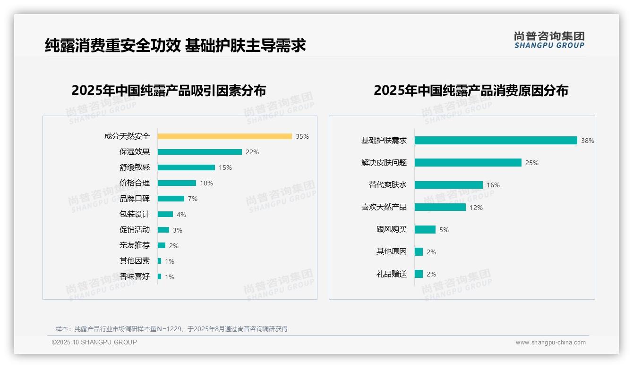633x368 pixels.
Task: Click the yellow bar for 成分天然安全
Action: click(224, 136)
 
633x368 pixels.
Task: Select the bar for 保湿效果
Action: click(199, 152)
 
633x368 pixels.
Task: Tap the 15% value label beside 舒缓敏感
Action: click(225, 167)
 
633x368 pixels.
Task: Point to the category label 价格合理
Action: click(135, 183)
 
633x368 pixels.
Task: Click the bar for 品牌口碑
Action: click(171, 199)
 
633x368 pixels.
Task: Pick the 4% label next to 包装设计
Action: click(181, 215)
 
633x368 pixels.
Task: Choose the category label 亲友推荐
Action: click(135, 245)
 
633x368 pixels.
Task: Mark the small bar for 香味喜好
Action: click(159, 276)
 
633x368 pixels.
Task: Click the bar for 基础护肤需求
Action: click(496, 141)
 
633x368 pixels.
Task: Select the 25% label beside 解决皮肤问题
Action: click(532, 163)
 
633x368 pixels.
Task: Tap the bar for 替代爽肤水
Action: click(448, 185)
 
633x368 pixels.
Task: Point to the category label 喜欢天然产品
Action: click(384, 207)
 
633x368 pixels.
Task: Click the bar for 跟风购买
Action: click(425, 229)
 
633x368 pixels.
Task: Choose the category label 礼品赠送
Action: click(392, 274)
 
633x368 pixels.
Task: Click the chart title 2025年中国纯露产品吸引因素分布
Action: click(169, 90)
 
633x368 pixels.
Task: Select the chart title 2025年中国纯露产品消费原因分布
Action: click(470, 90)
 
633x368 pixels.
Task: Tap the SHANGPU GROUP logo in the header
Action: click(549, 40)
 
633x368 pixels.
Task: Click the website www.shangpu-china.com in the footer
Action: click(550, 343)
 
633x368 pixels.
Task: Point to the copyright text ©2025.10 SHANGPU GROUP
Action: click(94, 342)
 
